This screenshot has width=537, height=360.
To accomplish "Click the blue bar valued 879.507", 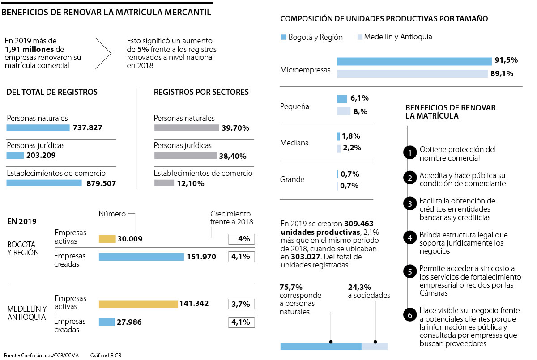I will [x=44, y=183].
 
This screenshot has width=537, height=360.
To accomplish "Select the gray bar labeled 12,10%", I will [x=164, y=183].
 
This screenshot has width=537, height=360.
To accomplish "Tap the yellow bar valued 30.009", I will [x=107, y=239].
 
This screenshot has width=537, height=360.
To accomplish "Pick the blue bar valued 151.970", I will [x=141, y=257].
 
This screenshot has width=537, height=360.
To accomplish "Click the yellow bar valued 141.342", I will [x=138, y=304].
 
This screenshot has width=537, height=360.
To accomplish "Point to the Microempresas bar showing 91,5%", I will [x=414, y=61].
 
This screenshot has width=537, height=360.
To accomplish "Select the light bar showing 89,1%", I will [x=412, y=74].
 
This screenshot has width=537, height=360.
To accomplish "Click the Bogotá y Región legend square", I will [x=283, y=37].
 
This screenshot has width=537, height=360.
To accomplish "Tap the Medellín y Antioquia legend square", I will [x=359, y=37].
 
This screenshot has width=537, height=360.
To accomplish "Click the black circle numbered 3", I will [x=409, y=204].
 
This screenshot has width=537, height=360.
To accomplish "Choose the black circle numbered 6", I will [x=409, y=315].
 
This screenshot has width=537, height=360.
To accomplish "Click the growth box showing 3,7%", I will [x=241, y=304].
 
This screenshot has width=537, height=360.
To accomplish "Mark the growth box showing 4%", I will [x=241, y=239].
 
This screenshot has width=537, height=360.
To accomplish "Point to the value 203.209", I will [x=41, y=156].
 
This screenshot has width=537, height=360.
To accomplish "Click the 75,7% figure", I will [x=290, y=287].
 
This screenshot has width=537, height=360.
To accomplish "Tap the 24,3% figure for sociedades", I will [x=359, y=287].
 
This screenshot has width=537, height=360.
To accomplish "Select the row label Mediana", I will [x=294, y=143].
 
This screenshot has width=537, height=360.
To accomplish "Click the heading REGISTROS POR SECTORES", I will [x=201, y=92].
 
